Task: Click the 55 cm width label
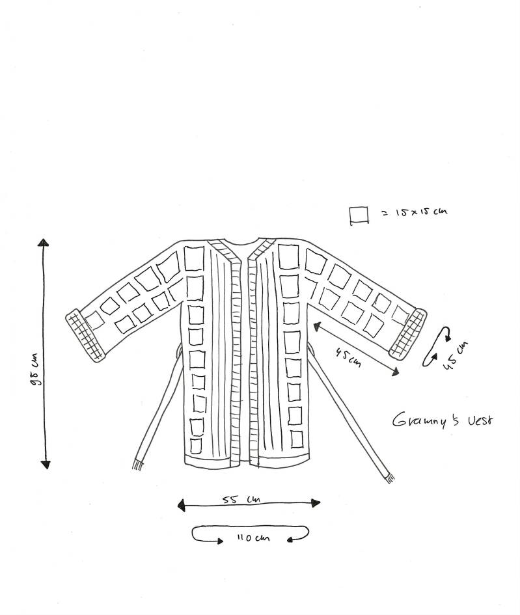click(x=241, y=499)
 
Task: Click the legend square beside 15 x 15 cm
click(x=359, y=215)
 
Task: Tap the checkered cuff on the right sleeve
click(x=408, y=333)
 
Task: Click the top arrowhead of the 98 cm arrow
click(x=44, y=243)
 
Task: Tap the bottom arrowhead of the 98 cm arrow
click(x=45, y=464)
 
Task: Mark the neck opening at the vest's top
click(x=239, y=243)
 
